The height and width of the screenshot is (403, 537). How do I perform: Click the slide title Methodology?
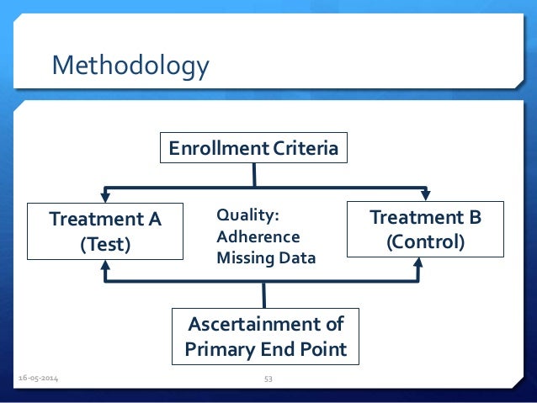[x=130, y=65]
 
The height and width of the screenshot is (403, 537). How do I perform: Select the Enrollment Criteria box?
[x=253, y=150]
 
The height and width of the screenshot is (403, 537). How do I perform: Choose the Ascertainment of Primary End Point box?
[x=266, y=336]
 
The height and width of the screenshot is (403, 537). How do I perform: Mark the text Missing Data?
[x=266, y=258]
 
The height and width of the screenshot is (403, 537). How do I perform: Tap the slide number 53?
[x=268, y=379]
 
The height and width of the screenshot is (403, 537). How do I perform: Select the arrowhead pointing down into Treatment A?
[x=105, y=196]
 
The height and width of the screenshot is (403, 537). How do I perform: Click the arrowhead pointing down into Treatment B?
[x=425, y=195]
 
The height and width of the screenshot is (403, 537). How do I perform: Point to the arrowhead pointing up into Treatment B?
[x=418, y=265]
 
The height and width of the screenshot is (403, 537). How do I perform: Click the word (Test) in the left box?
[x=105, y=245]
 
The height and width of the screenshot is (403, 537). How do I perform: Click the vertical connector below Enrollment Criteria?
[x=253, y=175]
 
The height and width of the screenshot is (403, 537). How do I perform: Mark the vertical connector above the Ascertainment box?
[x=264, y=295]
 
